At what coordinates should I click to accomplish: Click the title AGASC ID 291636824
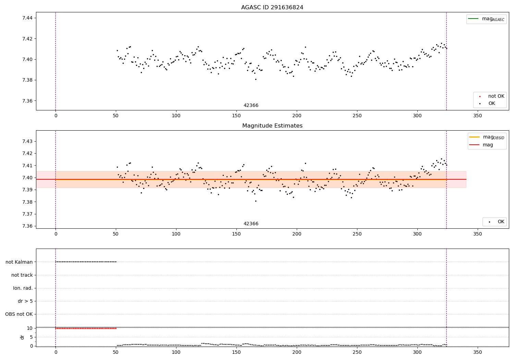(272, 8)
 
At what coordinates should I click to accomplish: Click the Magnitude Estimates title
(272, 126)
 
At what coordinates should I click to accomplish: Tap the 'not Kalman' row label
(19, 262)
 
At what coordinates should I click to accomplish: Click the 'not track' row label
(22, 275)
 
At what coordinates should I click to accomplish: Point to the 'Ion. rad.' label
(23, 288)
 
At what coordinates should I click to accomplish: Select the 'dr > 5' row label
(25, 301)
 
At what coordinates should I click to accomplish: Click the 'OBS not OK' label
(19, 314)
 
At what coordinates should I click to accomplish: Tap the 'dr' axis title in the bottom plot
(22, 337)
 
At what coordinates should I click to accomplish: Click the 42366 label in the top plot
(251, 106)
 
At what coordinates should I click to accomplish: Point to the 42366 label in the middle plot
(251, 224)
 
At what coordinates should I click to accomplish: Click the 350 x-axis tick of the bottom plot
(477, 352)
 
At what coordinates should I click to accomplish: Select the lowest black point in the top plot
(256, 79)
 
